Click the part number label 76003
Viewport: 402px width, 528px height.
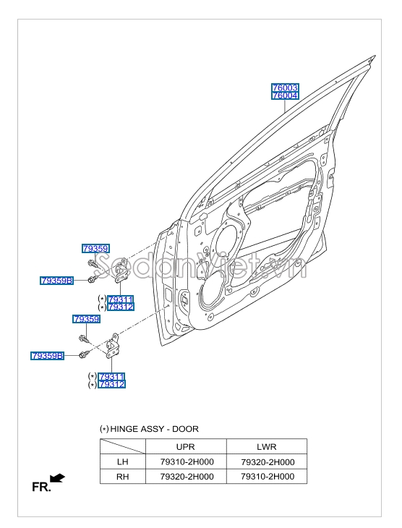point(285,88)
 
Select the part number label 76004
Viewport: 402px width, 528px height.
point(285,95)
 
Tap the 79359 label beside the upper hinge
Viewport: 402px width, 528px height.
point(95,249)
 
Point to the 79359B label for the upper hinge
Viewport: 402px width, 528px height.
point(58,280)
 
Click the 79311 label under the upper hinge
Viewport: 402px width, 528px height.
point(120,299)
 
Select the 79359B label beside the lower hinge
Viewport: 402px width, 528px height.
point(48,356)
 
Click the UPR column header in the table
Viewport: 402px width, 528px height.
point(186,447)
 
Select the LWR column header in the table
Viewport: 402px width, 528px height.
point(266,447)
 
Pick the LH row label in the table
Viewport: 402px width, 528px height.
point(122,462)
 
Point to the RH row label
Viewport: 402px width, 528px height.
point(122,477)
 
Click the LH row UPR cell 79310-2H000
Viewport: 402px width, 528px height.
point(186,462)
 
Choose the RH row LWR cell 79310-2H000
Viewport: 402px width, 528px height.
point(266,477)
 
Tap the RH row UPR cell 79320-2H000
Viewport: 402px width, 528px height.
point(186,477)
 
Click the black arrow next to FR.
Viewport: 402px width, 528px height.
point(58,478)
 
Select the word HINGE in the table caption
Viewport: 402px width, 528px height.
point(124,429)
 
